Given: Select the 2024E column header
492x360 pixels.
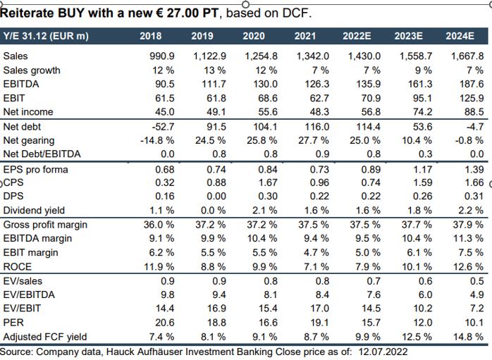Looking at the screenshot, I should (460, 35).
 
